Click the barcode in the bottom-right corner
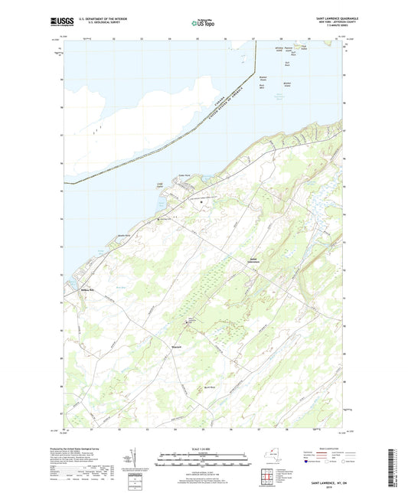point(395,467)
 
